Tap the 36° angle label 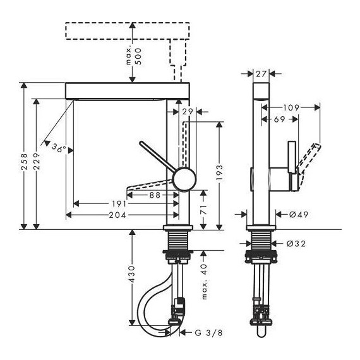pos(58,150)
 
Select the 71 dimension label pos(203,209)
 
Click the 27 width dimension pos(261,75)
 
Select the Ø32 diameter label pos(297,244)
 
